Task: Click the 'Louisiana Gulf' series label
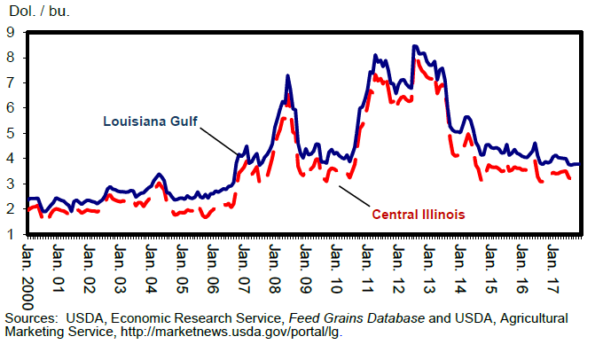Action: tap(149, 121)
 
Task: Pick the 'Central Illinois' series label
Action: tap(419, 214)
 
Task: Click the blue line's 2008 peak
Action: tap(287, 75)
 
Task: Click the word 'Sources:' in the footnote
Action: tap(31, 317)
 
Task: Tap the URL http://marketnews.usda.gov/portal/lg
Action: tap(231, 332)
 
